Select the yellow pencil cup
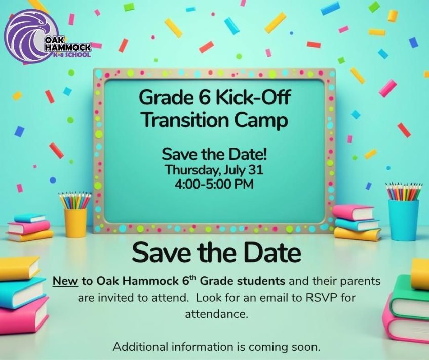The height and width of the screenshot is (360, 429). click(75, 222)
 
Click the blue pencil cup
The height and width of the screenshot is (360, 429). click(404, 219)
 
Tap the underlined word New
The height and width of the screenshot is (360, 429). click(65, 280)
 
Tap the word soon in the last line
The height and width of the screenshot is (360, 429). click(306, 347)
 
